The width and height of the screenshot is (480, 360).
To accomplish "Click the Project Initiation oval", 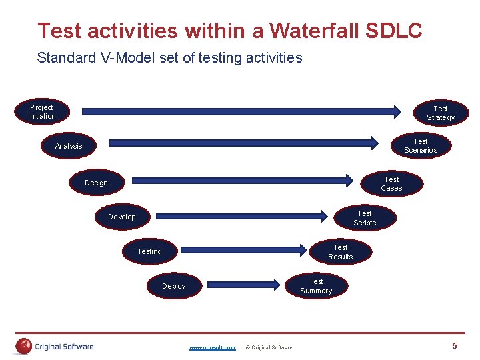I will click(41, 111).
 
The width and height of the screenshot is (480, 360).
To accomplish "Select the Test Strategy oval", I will click(441, 113).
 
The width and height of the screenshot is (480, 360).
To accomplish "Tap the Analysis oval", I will click(69, 146).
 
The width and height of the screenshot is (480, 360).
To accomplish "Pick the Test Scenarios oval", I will click(421, 145).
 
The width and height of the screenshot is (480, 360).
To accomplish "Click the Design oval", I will click(96, 183).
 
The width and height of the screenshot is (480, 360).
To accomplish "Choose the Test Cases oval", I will click(391, 183).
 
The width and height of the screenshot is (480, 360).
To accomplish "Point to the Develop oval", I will click(122, 217).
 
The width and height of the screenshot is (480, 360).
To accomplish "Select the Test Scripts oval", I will click(365, 218).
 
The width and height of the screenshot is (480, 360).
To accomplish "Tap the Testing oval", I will click(149, 251).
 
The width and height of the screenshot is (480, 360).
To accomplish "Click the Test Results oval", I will click(340, 252).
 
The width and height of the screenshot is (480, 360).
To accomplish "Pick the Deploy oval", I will click(174, 286).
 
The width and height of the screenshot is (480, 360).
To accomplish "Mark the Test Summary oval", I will click(316, 286).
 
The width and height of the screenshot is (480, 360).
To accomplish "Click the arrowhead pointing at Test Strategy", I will click(397, 111).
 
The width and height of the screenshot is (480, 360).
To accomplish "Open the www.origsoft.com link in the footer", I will click(212, 347).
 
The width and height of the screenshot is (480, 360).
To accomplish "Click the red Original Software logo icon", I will click(25, 346).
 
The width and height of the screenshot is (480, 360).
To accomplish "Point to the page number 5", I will click(455, 345).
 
